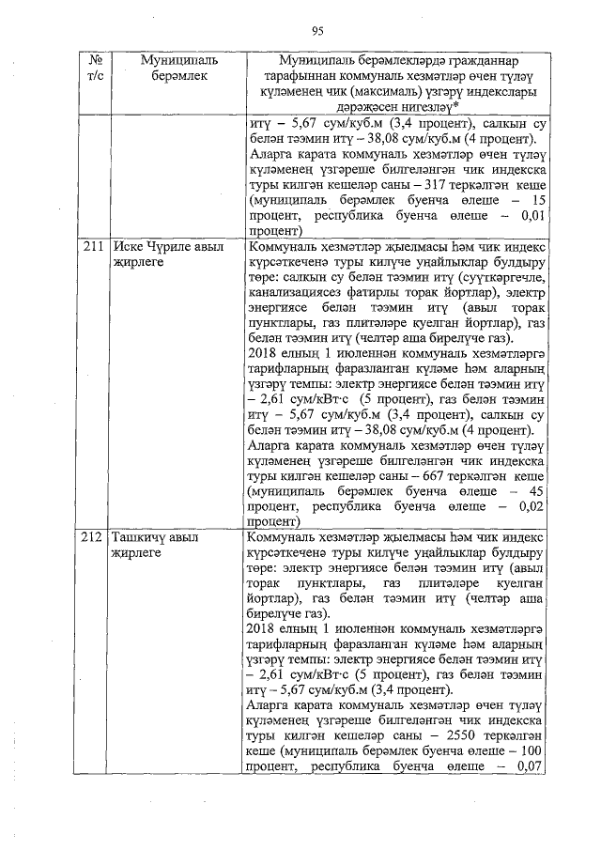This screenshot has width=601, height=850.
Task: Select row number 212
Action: [x=92, y=539]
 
